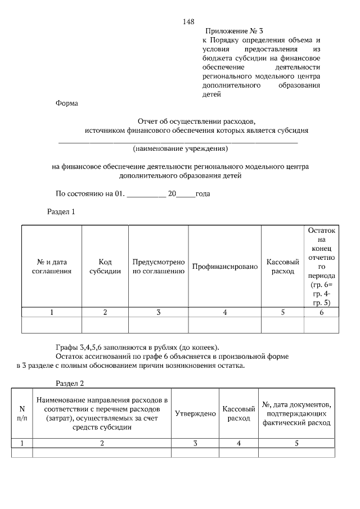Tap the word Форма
(x=67, y=103)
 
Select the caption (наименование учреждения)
(x=180, y=149)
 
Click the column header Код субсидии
(x=105, y=267)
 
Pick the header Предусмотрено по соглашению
(x=159, y=267)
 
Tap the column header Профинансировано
(x=224, y=266)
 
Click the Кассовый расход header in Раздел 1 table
(x=282, y=267)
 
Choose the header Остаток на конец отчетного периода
(x=321, y=267)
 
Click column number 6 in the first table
(x=321, y=312)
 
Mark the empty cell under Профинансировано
(x=224, y=325)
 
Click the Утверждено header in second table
(x=195, y=413)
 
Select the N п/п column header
(x=22, y=413)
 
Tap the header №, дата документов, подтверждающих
(x=296, y=413)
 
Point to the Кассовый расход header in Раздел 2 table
(x=238, y=413)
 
